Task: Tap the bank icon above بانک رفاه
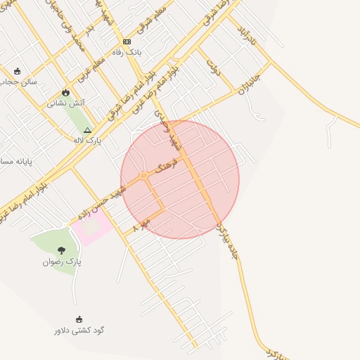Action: (127, 41)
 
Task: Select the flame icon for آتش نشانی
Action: (66, 92)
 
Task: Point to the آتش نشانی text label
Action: (66, 103)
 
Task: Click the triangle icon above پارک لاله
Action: (87, 130)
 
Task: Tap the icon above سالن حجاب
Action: (17, 71)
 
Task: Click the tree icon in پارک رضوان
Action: (61, 250)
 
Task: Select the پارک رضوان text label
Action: (62, 262)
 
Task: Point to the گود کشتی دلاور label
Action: (79, 330)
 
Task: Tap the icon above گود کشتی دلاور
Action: (79, 319)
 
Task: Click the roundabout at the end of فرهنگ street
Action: (143, 174)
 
